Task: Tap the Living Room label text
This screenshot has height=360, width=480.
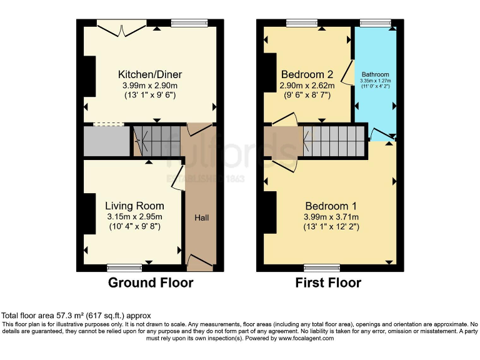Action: tap(134, 206)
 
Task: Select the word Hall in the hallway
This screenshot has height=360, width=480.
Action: tap(201, 217)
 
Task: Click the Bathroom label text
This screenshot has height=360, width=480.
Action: tap(376, 74)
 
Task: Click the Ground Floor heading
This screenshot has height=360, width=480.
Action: tap(151, 282)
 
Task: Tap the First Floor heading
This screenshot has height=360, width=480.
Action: tap(328, 282)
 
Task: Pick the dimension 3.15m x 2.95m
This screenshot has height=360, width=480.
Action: tap(134, 216)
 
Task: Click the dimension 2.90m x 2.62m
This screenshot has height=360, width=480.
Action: tap(307, 86)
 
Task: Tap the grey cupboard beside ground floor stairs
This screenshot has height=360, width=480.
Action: tap(106, 142)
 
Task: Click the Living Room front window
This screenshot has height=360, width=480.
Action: tap(124, 267)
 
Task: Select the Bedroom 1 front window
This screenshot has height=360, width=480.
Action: tap(322, 267)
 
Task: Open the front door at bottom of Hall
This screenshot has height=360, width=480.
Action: tap(201, 262)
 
